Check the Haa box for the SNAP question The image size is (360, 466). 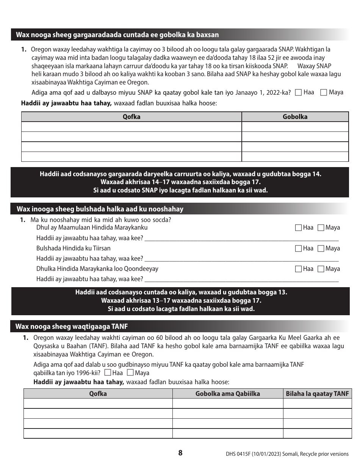pos(298,92)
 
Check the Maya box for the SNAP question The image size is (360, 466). pos(324,92)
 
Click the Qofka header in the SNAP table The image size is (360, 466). pos(131,117)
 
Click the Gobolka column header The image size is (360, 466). pos(295,117)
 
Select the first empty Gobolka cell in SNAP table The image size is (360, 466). pos(295,127)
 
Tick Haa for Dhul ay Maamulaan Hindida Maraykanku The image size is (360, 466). pos(298,228)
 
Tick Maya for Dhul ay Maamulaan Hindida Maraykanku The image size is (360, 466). pos(321,228)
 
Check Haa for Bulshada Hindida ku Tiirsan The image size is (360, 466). pos(298,249)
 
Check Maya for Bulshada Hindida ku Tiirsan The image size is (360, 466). pos(321,249)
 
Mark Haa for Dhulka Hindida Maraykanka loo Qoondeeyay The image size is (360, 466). pos(298,269)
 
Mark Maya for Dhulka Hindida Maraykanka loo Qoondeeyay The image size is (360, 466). pos(321,269)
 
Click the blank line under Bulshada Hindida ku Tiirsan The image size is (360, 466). pos(241,259)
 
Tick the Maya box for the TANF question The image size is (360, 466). pos(130,373)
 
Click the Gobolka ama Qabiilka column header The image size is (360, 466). pos(228,394)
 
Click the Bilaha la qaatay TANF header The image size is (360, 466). pos(317,394)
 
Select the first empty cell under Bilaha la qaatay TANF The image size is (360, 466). pos(317,403)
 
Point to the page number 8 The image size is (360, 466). pos(180,453)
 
